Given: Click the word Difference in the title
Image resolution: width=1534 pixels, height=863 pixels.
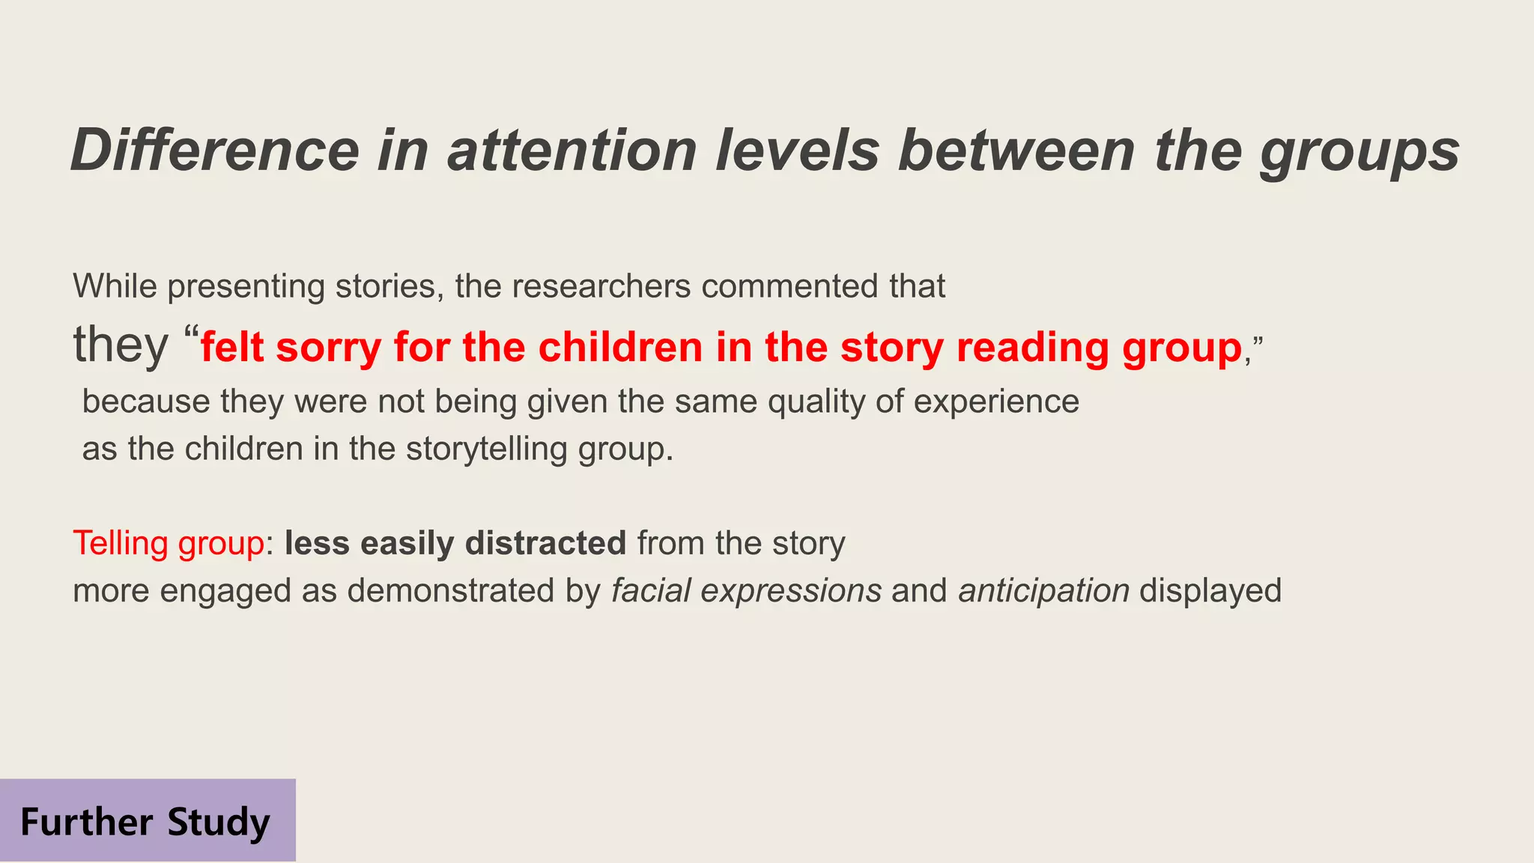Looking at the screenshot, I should pyautogui.click(x=215, y=151).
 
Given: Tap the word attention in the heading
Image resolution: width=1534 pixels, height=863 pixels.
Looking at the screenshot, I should pyautogui.click(x=572, y=151).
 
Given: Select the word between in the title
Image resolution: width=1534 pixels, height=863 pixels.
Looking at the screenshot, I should pyautogui.click(x=1017, y=151).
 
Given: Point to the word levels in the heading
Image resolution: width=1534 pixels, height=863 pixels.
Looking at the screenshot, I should pyautogui.click(x=797, y=151).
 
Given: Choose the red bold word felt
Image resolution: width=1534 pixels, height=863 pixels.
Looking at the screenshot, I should pyautogui.click(x=232, y=348).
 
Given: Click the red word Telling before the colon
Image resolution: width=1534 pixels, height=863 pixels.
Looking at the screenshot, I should pyautogui.click(x=121, y=543).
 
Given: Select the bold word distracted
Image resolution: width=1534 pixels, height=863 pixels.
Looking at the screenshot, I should pyautogui.click(x=545, y=543).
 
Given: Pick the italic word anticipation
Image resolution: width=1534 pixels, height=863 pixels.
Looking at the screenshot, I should pyautogui.click(x=1043, y=590).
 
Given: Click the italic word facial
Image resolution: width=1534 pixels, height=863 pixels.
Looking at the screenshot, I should pyautogui.click(x=651, y=590).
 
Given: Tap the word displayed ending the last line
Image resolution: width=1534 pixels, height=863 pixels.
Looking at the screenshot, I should pyautogui.click(x=1210, y=590).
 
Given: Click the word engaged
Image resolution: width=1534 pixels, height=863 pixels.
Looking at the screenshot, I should pyautogui.click(x=225, y=590).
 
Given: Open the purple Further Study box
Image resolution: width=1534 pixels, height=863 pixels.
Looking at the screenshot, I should pyautogui.click(x=147, y=820).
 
